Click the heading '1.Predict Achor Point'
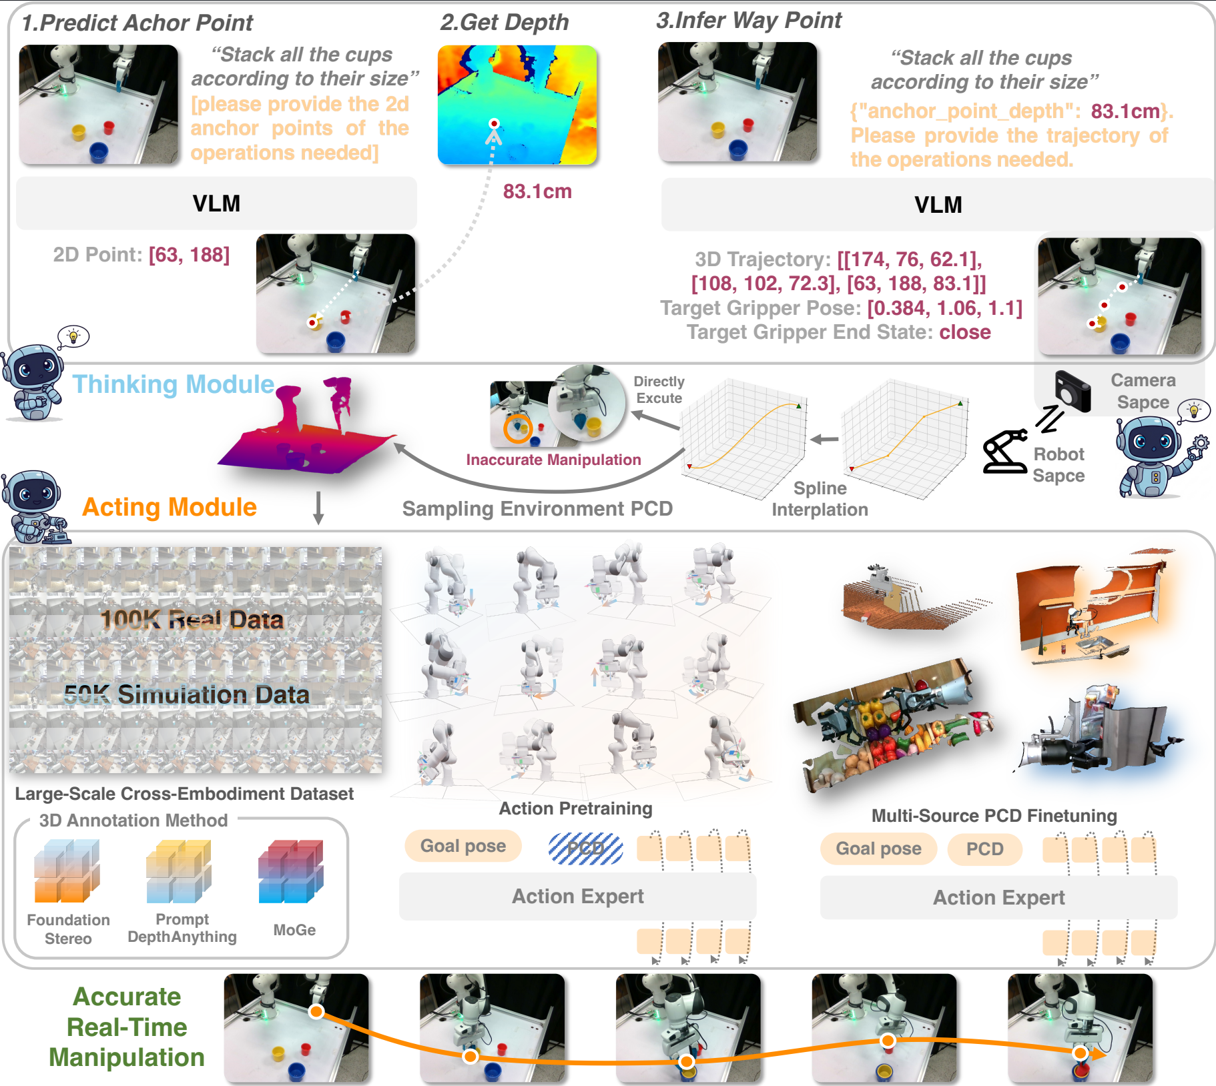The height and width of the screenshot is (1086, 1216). pos(137,23)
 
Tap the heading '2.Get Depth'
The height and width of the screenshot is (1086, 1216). pos(504,22)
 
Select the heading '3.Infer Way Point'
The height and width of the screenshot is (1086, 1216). pos(748,20)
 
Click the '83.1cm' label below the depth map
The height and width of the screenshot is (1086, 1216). pos(537,191)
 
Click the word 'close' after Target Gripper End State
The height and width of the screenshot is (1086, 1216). pos(964,332)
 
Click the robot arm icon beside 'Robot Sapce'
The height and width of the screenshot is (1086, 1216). pos(1004,452)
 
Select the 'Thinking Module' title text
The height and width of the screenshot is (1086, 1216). pos(173,384)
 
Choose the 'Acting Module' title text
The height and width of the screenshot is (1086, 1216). pos(169,507)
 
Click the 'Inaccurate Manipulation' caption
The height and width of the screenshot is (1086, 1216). pos(553,460)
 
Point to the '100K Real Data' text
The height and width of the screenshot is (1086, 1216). pos(192,620)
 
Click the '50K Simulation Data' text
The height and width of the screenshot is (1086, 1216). pos(187,694)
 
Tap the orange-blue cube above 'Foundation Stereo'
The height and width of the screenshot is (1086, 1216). pos(67,871)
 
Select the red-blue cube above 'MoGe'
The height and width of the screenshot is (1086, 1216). pos(291,871)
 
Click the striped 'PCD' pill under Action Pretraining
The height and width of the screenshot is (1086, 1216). pos(585,848)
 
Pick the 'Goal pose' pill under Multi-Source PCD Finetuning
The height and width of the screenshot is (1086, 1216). pos(878,849)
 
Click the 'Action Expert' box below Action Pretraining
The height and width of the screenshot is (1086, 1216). pos(577,897)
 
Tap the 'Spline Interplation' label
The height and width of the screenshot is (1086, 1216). pos(820,498)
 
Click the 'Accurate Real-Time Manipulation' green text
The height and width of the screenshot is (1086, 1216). pos(126,1027)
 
